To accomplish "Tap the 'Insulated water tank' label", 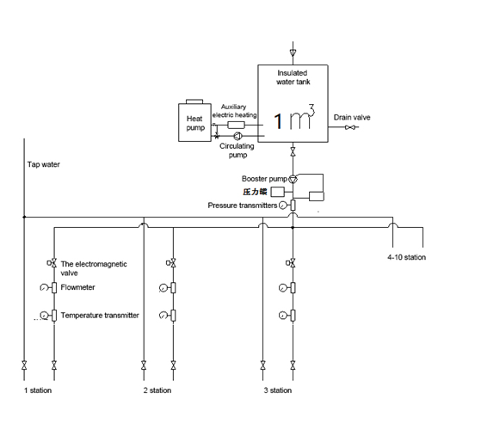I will tap(293, 78).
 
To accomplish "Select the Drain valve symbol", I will tap(350, 128).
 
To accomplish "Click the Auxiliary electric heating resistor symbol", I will tap(236, 125).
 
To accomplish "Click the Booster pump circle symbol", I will tap(293, 177).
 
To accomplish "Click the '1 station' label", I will tap(38, 391).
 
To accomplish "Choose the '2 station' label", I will tap(157, 391).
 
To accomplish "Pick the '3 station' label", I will tap(278, 391).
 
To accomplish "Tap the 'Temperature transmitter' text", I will tap(100, 316).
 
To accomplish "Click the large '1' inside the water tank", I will tap(278, 121).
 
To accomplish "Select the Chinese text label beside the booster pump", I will tap(254, 191).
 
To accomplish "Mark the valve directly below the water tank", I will tap(293, 153).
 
